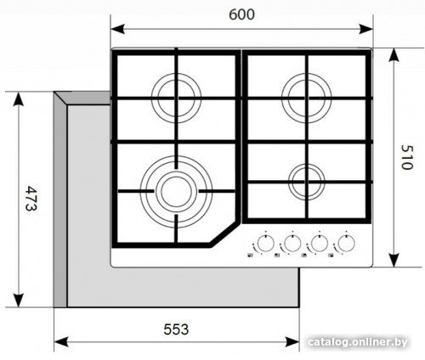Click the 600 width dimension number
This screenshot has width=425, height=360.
(241, 14)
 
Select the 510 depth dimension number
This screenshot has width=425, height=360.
(407, 157)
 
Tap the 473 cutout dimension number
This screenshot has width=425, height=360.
(31, 198)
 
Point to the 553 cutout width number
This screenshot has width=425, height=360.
(176, 329)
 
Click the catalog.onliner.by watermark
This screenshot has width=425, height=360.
(358, 342)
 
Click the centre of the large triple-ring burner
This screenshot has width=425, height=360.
(176, 192)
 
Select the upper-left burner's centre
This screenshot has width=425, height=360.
(176, 98)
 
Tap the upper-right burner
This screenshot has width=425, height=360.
(307, 98)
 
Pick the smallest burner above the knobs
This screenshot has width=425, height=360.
(307, 182)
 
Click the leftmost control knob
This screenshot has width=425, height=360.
(266, 243)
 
